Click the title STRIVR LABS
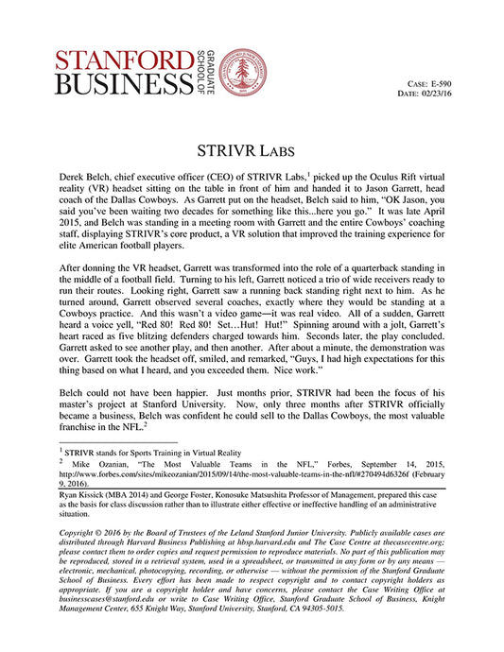pos(252,150)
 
